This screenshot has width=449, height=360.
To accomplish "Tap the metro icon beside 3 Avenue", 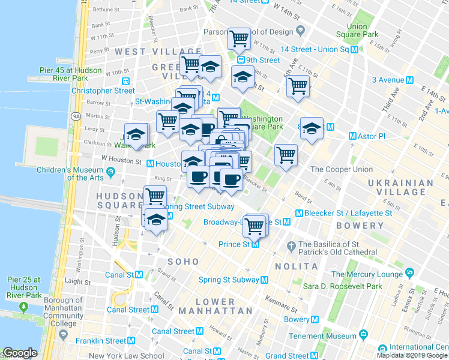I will pyautogui.click(x=411, y=80).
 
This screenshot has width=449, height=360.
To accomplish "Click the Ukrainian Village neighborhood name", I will pyautogui.click(x=400, y=187).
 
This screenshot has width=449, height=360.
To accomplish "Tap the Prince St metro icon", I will pyautogui.click(x=256, y=244).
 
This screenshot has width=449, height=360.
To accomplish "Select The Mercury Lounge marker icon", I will pyautogui.click(x=409, y=274).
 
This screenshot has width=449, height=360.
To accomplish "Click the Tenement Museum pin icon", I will pyautogui.click(x=363, y=334).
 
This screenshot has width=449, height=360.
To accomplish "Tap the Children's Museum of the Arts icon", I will pyautogui.click(x=110, y=173).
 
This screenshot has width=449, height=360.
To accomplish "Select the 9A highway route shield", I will pyautogui.click(x=76, y=116).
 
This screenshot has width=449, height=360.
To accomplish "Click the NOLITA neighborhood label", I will pyautogui.click(x=295, y=265).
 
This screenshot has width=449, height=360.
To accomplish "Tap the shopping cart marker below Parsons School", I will pyautogui.click(x=240, y=39).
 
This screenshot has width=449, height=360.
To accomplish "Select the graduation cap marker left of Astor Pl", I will pyautogui.click(x=312, y=127).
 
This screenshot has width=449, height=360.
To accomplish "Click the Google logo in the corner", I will pyautogui.click(x=20, y=353).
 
